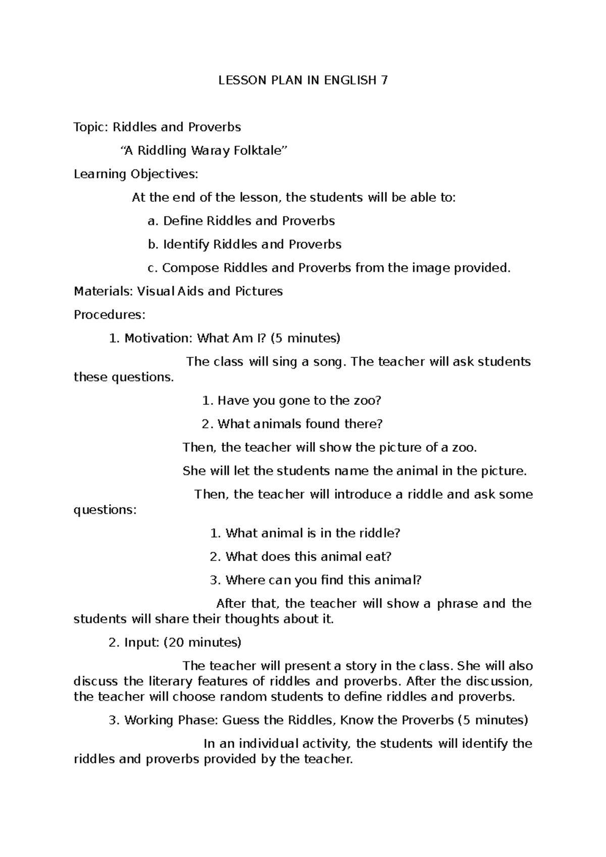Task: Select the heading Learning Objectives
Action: pyautogui.click(x=136, y=174)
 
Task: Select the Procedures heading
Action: pyautogui.click(x=109, y=315)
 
